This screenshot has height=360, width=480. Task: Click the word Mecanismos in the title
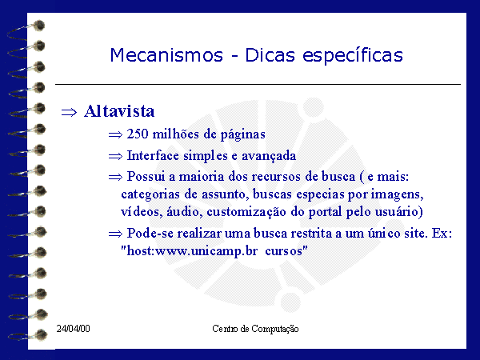tap(166, 55)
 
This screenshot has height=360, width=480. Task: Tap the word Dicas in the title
tap(270, 55)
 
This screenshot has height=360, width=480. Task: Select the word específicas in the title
tap(353, 56)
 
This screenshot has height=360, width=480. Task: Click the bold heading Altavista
tap(119, 111)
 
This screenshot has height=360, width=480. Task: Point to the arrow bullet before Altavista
tap(69, 113)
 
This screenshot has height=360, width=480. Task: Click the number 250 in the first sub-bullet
tap(138, 134)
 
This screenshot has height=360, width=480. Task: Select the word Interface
tap(153, 155)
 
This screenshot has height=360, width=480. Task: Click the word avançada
tap(269, 156)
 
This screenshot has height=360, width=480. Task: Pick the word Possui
tap(146, 176)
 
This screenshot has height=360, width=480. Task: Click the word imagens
tap(397, 194)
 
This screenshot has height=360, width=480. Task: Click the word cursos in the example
tap(284, 251)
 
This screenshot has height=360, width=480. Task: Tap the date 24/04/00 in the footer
tap(73, 329)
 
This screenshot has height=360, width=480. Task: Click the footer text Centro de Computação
tap(255, 329)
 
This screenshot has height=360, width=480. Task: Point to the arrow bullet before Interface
tap(115, 157)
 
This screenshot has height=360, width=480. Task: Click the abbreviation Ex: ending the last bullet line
tap(442, 234)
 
